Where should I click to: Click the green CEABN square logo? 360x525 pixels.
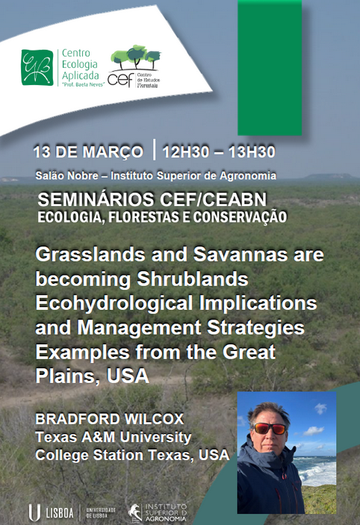coord(37,67)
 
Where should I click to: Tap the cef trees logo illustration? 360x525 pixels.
coord(136,58)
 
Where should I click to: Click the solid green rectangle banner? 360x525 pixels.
coord(270,68)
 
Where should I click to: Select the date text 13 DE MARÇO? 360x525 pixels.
coord(88,152)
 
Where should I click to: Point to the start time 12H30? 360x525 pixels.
coord(185,152)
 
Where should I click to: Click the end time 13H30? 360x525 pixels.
coord(252,152)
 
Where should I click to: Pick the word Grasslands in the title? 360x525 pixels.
coord(90,255)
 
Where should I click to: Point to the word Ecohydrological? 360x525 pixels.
coord(114,304)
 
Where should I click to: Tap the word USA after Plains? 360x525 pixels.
coord(128,376)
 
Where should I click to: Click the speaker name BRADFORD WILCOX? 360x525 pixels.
coord(110,419)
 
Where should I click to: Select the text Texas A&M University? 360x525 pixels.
coord(114,437)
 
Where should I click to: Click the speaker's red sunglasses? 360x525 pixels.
coord(270,428)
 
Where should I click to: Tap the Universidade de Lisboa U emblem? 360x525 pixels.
coord(34,512)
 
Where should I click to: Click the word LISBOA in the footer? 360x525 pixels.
coord(60,513)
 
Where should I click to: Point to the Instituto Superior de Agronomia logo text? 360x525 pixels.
coord(166,512)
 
